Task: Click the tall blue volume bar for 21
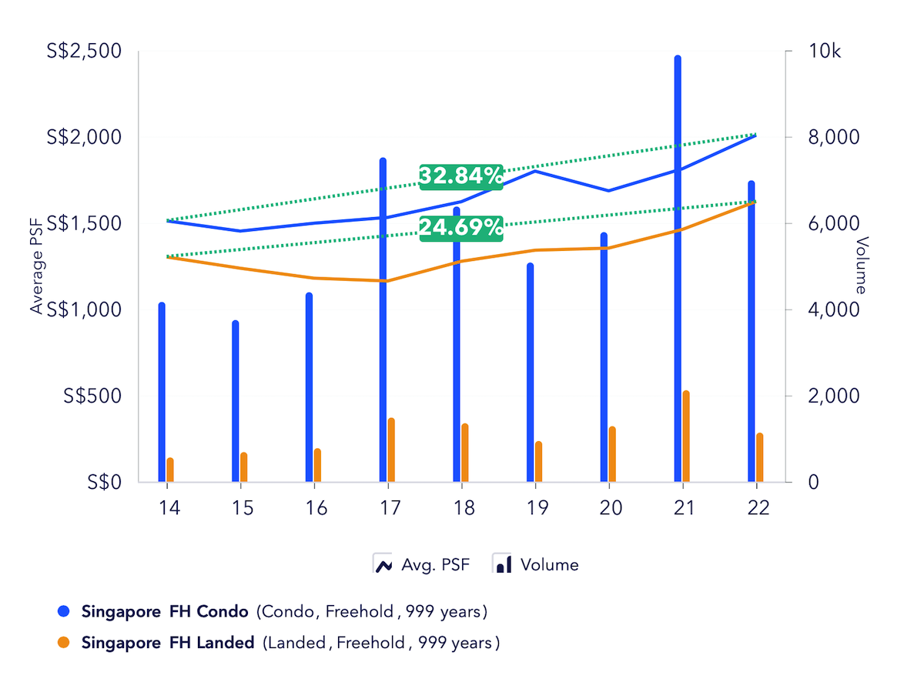(678, 269)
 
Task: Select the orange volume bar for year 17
(391, 450)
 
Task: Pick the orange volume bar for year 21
(686, 436)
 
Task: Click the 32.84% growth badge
(460, 176)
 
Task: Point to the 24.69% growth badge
(461, 227)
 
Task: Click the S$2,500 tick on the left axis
(85, 52)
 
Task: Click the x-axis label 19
(536, 508)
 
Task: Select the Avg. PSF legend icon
(383, 564)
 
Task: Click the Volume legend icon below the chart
(502, 564)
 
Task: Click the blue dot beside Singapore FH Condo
(64, 612)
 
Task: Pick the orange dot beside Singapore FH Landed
(64, 642)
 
